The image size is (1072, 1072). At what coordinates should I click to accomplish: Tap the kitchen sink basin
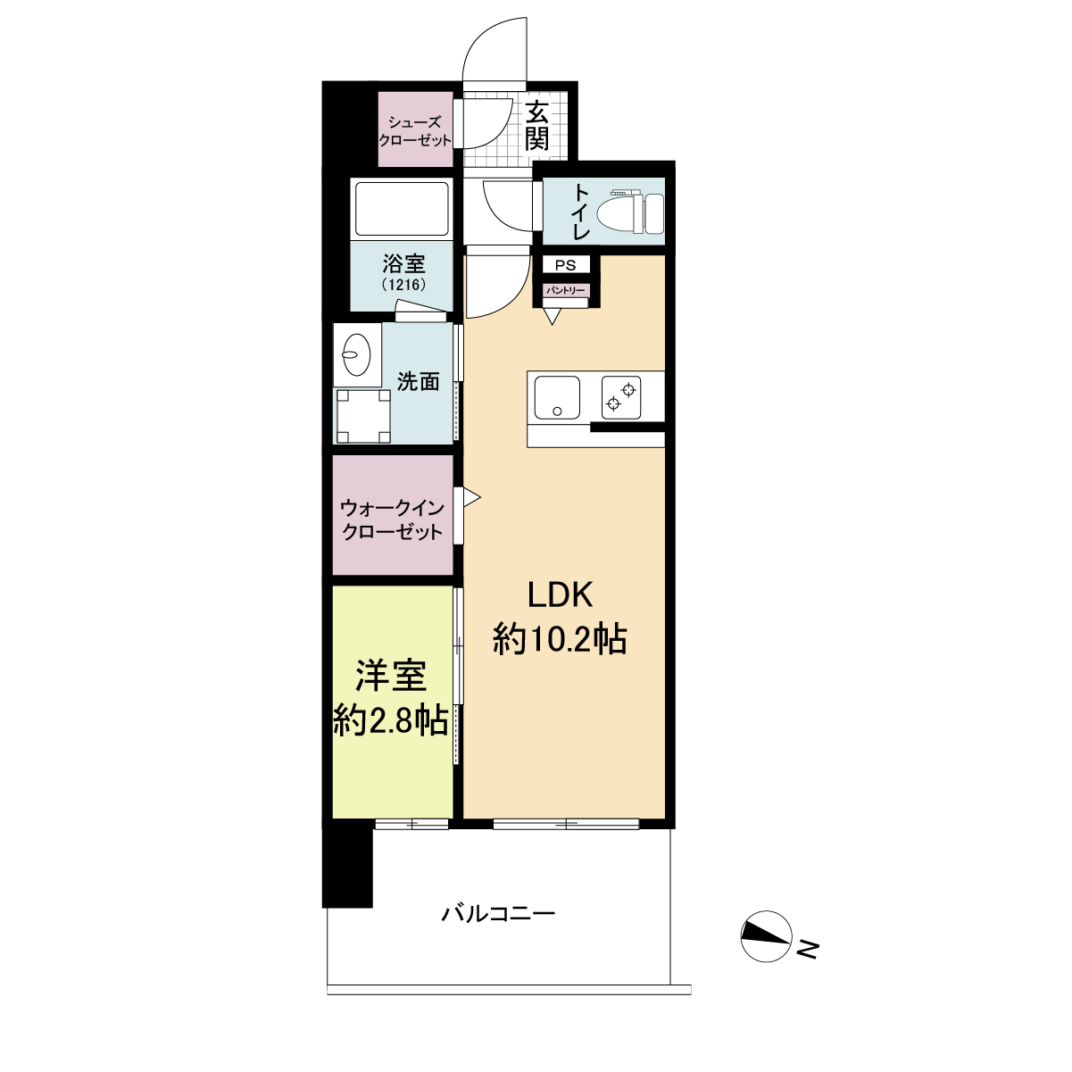(557, 398)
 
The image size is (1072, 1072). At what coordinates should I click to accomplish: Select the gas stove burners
(621, 397)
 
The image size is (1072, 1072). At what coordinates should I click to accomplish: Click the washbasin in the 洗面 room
(357, 354)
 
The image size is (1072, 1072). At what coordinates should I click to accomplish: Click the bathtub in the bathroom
(402, 209)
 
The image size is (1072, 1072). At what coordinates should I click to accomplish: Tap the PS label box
(565, 265)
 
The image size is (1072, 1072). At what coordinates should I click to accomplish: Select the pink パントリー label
(565, 290)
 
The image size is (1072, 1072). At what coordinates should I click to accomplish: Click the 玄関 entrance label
(537, 126)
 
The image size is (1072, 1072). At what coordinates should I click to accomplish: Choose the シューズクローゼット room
(415, 129)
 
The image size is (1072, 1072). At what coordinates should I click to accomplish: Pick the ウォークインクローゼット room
(393, 515)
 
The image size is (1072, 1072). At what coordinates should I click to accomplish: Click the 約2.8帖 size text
(391, 721)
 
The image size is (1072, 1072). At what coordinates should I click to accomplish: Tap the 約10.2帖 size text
(560, 639)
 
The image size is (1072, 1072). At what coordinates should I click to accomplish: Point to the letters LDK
(560, 594)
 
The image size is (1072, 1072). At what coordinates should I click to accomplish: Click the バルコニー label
(498, 914)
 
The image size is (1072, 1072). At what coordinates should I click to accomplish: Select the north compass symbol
(766, 936)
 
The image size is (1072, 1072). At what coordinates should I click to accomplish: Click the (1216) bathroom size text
(404, 285)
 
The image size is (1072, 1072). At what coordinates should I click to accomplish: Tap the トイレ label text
(581, 212)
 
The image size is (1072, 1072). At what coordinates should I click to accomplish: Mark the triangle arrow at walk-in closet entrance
(470, 497)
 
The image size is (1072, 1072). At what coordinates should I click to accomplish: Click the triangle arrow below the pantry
(552, 316)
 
